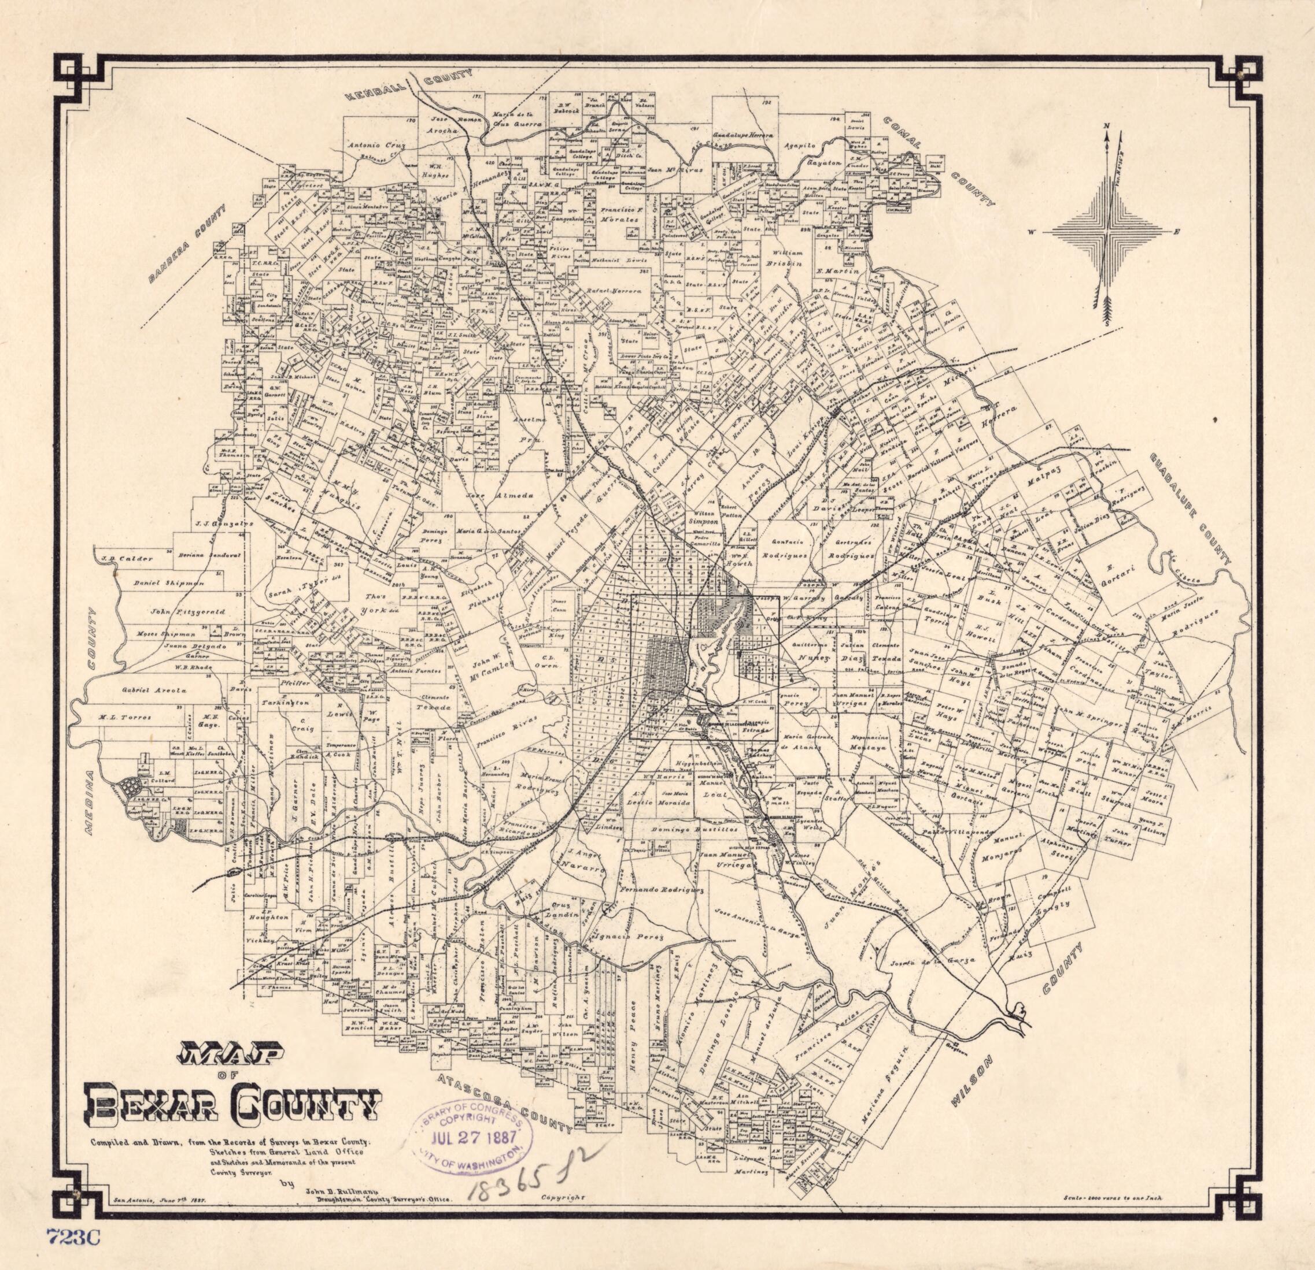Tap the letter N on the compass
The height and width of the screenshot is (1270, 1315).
coord(1107,127)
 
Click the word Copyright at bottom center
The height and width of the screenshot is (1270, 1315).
coord(562,1197)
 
